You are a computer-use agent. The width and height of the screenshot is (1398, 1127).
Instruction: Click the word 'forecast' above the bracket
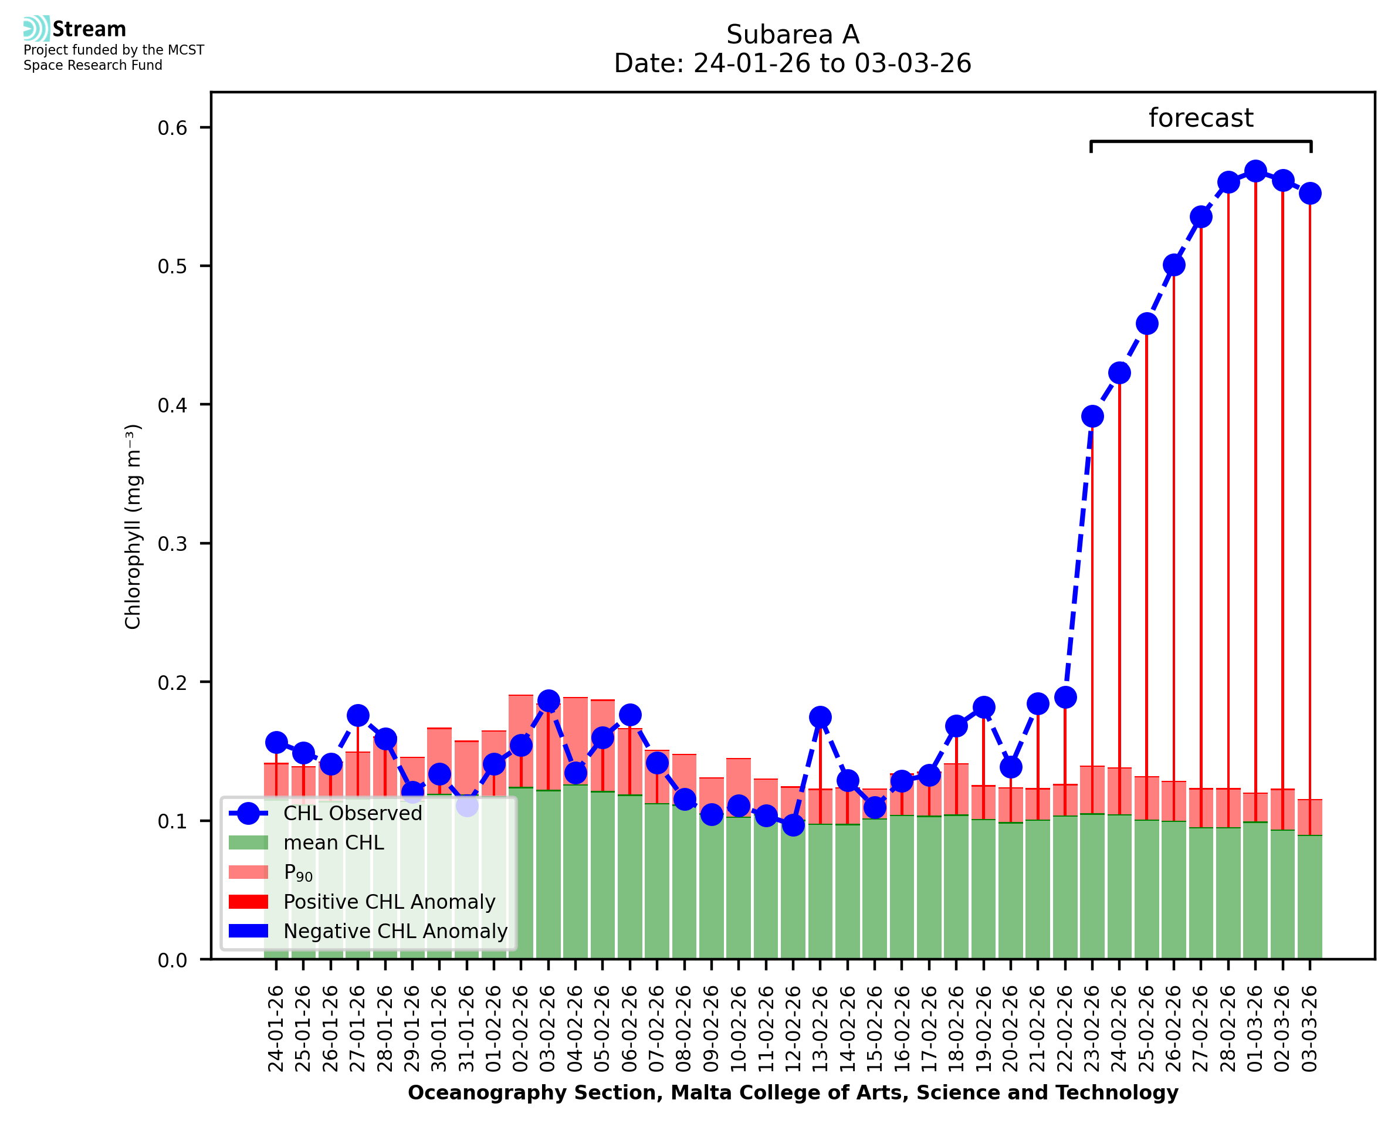coord(1200,118)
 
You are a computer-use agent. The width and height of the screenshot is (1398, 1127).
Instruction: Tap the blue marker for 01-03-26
coord(1255,171)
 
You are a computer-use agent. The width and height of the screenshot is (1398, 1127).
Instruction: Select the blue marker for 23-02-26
coord(1092,416)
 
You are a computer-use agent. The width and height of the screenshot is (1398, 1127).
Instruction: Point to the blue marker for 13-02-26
coord(820,717)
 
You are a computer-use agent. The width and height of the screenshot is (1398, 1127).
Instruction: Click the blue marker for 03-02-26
coord(549,701)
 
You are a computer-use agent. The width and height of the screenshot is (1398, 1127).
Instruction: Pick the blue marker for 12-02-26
coord(793,825)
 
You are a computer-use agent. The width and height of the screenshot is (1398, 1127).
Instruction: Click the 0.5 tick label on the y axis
coord(172,266)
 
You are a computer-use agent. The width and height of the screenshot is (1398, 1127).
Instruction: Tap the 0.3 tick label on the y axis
coord(172,543)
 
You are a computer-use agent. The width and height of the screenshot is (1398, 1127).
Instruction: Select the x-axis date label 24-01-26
coord(276,1028)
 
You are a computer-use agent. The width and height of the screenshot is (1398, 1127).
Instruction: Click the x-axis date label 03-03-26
coord(1310,1028)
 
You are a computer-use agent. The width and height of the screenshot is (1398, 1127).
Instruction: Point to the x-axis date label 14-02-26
coord(847,1028)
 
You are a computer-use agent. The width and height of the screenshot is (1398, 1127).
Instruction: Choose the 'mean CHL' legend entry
coord(334,842)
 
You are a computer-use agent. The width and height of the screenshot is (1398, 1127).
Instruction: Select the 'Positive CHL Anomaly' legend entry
coord(390,902)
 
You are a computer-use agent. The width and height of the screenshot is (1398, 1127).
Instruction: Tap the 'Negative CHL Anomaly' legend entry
coord(395,931)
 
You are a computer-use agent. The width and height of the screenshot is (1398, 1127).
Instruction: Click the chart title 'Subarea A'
coord(792,35)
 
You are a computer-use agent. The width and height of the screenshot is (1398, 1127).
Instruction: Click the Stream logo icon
coord(36,29)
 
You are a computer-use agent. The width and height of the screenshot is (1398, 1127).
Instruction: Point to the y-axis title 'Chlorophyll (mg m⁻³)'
coord(133,526)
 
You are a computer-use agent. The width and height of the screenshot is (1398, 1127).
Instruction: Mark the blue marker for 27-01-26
coord(358,715)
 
